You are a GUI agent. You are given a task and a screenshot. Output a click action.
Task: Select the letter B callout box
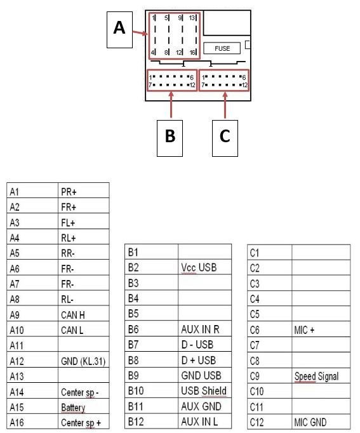click(170, 136)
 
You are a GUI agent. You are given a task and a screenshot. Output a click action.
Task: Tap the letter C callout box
click(225, 136)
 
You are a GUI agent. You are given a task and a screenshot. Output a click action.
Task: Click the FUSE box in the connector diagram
click(222, 48)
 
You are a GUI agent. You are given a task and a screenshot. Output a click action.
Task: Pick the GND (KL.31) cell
click(83, 361)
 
